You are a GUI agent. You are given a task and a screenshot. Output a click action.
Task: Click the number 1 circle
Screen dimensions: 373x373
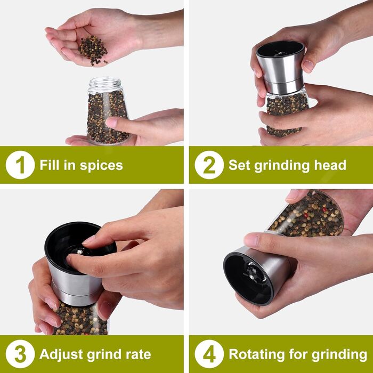[x=20, y=165]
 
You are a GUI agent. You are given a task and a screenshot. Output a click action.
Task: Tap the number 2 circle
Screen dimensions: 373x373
[x=209, y=165]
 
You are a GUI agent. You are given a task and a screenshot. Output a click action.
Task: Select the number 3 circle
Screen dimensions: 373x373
[x=20, y=354]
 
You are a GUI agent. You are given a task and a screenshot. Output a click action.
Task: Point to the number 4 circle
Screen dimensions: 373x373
[x=209, y=354]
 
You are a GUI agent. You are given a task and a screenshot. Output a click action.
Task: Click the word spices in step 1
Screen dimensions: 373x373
[x=101, y=166]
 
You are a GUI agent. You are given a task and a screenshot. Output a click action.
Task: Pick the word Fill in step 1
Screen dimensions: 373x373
[x=50, y=165]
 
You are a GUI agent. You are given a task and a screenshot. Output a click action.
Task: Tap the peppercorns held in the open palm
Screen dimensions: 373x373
[x=93, y=50]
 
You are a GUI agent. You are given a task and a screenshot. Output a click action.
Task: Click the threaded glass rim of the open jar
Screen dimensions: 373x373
[x=104, y=83]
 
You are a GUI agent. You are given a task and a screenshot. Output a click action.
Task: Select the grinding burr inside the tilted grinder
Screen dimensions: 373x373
[x=254, y=273]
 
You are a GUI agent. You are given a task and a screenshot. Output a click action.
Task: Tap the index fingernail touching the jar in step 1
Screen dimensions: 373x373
[x=111, y=122]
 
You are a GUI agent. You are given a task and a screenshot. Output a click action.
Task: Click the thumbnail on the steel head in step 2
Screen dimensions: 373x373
[x=309, y=66]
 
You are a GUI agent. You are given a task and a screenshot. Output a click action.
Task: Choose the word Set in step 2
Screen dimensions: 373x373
[x=239, y=165]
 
